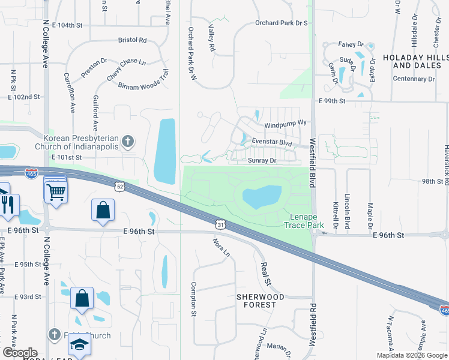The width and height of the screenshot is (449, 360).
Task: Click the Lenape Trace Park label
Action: tap(304, 220)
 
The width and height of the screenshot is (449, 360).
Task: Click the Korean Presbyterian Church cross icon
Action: tap(127, 142)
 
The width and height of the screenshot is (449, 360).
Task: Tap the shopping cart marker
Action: tap(56, 191)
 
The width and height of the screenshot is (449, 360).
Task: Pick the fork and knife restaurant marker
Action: tap(8, 204)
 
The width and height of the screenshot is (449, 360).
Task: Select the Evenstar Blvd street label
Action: tap(271, 143)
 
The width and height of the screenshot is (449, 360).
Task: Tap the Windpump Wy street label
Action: tap(286, 123)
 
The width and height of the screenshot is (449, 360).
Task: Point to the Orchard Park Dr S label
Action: tap(281, 23)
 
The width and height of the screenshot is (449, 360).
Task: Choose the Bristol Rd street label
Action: tap(133, 40)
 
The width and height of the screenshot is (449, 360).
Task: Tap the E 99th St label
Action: tap(333, 101)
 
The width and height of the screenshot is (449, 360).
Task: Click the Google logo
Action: tap(20, 353)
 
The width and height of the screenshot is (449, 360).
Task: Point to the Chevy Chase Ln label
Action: tap(126, 70)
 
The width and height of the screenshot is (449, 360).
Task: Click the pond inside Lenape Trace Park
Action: tap(262, 196)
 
